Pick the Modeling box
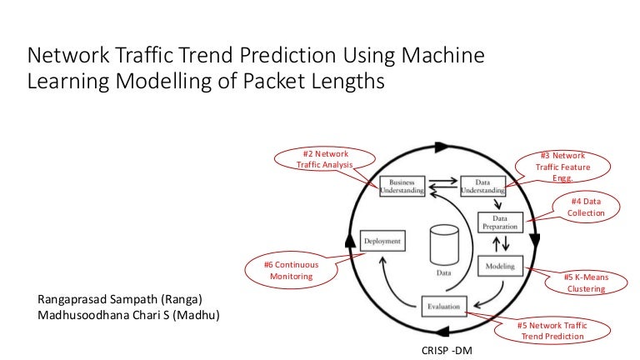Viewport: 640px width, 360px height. tap(500, 267)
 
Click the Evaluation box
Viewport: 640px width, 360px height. tap(444, 307)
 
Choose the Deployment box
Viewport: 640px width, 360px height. tap(382, 242)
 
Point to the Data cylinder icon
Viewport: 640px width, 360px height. tap(443, 246)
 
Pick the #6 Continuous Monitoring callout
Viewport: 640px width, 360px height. tap(292, 269)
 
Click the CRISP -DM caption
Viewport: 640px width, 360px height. tap(447, 350)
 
